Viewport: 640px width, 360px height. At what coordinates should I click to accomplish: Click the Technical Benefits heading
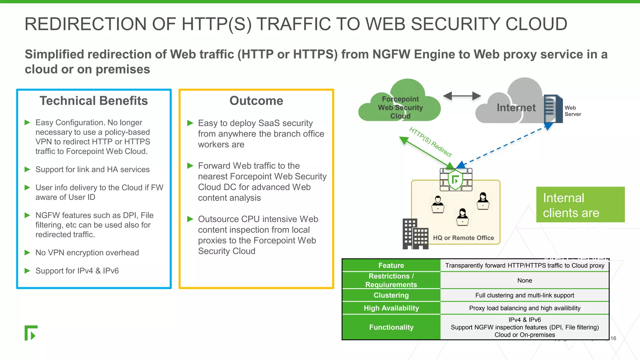coord(93,101)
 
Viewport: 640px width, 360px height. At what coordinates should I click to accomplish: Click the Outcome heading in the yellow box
coord(256,101)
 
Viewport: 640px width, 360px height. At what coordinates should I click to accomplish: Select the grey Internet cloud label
coord(516,107)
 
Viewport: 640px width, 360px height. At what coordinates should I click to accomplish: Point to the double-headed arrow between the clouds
coord(462,96)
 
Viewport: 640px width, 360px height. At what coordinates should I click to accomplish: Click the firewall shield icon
coord(456,180)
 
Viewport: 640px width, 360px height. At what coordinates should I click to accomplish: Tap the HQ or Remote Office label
coord(463,238)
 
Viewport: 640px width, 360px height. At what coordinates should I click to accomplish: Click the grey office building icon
coord(415,234)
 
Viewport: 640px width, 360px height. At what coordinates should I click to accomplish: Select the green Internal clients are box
coord(580,205)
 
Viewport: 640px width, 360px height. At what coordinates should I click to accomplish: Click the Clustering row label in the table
coord(391,295)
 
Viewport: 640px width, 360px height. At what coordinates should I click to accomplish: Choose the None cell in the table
coord(524,280)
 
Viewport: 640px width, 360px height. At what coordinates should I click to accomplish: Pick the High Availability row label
coord(391,308)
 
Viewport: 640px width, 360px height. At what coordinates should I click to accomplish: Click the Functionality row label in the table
coord(391,327)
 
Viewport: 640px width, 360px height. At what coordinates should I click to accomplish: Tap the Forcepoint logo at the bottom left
coord(31,333)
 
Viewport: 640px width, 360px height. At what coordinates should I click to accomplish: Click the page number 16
coord(613,338)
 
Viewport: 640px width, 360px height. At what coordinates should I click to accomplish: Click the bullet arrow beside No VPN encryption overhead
coord(27,252)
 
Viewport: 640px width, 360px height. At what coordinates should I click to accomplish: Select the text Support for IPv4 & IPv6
coord(77,271)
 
